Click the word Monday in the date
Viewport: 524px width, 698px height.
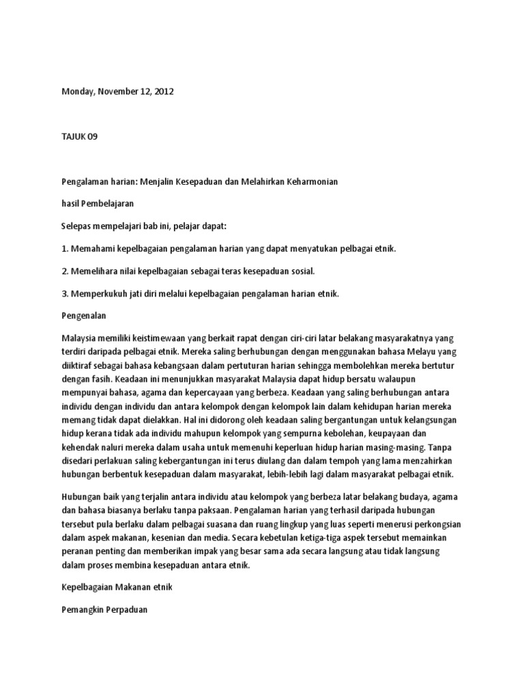tap(77, 91)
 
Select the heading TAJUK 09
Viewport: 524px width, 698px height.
tap(79, 136)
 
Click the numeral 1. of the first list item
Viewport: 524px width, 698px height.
tap(65, 249)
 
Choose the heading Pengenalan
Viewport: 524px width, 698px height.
tap(85, 316)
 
